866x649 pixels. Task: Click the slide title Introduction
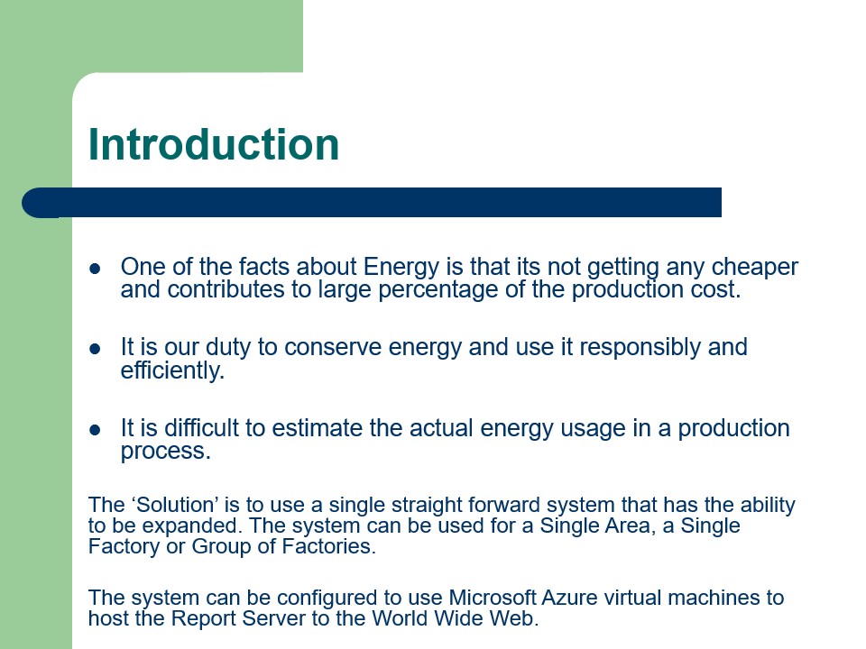coord(214,145)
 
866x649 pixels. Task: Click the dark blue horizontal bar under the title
coord(379,202)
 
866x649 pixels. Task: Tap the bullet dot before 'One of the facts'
coord(95,269)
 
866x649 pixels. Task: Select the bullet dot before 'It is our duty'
coord(95,348)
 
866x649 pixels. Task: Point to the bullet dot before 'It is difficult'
coord(95,429)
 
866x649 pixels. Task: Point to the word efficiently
coord(171,370)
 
